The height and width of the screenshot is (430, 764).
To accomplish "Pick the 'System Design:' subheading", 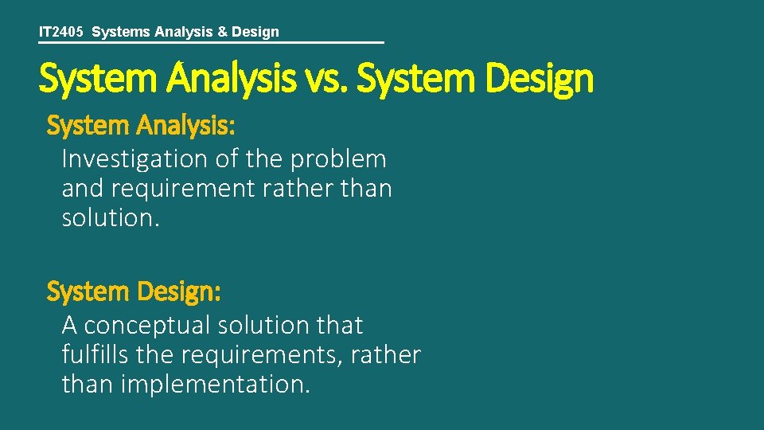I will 134,292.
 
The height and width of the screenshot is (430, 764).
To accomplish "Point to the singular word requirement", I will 185,190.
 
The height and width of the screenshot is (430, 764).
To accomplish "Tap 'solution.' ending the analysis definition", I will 111,218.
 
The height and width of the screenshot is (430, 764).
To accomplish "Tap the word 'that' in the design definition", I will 339,326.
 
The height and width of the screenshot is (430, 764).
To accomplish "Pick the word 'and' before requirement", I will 77,190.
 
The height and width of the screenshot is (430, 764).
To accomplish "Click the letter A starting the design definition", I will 69,326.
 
